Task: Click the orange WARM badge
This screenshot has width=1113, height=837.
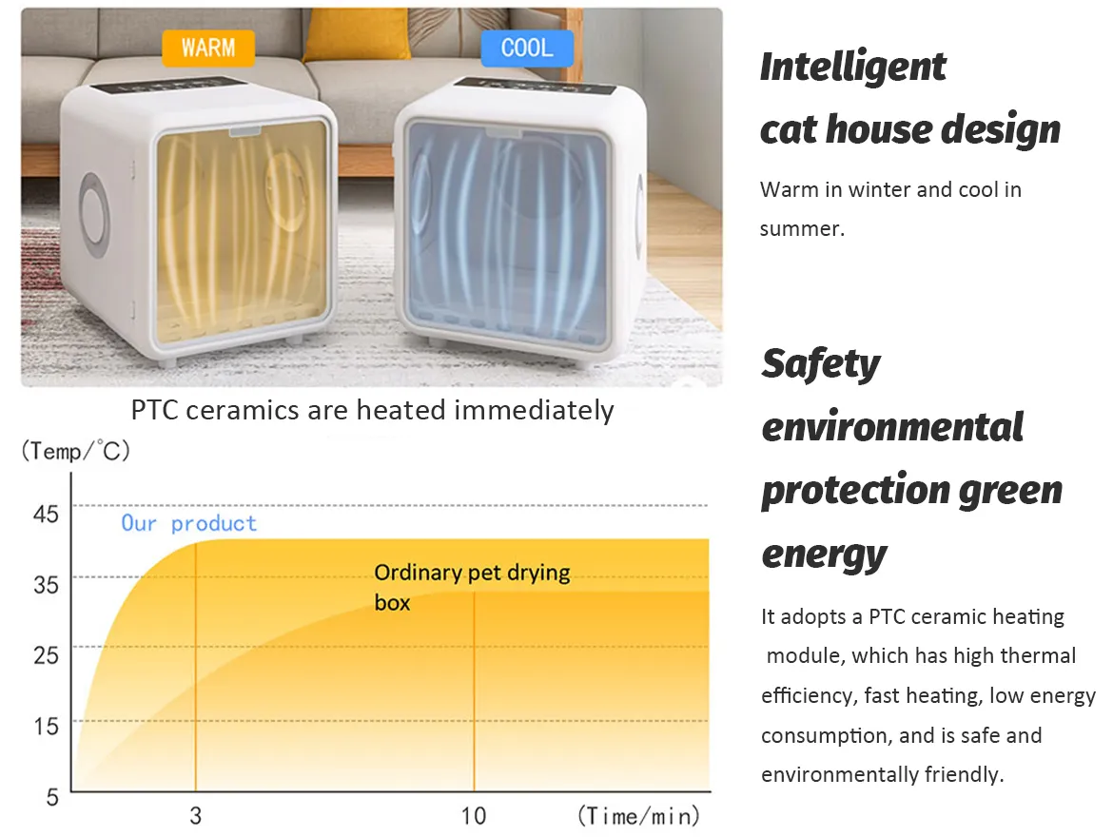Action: click(208, 49)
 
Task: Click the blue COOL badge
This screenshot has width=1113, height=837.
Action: click(527, 49)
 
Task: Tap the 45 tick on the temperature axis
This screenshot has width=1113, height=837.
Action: click(47, 514)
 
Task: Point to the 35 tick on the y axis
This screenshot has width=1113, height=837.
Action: click(47, 584)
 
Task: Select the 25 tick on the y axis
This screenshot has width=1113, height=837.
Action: click(47, 654)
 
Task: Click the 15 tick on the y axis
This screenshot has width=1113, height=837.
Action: click(47, 726)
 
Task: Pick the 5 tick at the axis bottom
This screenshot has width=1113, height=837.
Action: click(52, 796)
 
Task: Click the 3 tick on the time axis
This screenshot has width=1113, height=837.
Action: click(196, 816)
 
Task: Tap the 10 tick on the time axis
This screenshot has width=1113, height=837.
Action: click(474, 816)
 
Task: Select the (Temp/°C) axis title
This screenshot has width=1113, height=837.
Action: click(76, 451)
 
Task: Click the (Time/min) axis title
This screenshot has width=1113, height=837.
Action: click(639, 816)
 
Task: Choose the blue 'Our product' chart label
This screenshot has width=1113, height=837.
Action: click(188, 523)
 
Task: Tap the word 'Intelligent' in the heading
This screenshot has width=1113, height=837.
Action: click(853, 68)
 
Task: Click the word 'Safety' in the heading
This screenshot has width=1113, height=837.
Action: click(821, 365)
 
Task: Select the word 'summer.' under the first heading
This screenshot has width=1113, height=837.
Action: click(802, 228)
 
